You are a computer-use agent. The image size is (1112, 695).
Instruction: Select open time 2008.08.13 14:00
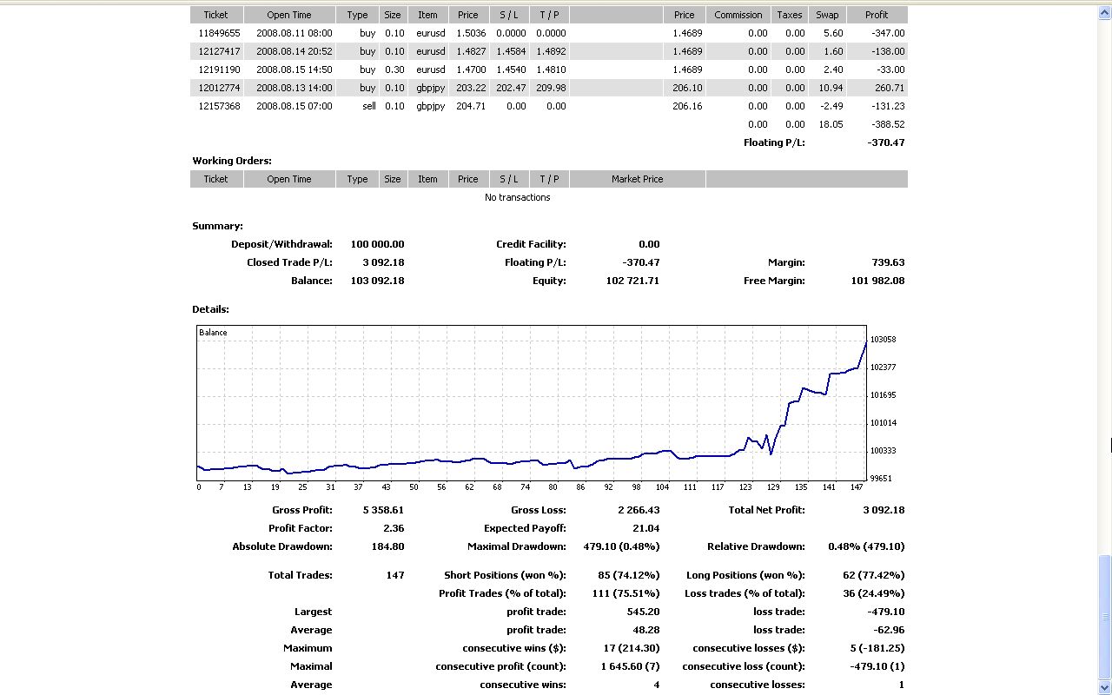coord(294,88)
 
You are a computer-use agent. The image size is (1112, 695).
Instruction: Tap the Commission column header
coord(738,15)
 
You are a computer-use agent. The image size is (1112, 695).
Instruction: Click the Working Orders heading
coord(232,161)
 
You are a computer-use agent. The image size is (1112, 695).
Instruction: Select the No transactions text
coord(517,197)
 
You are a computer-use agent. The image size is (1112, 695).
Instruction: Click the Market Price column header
coord(637,179)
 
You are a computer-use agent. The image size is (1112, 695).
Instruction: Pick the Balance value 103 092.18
coord(377,281)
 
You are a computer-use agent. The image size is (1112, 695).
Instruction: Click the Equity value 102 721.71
coord(632,281)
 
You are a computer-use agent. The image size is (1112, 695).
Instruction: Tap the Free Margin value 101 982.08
coord(877,281)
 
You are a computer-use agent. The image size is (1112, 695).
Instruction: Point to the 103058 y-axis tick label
coord(883,340)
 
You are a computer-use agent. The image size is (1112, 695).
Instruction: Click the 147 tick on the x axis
coord(857,487)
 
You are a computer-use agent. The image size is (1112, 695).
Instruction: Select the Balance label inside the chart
coord(213,333)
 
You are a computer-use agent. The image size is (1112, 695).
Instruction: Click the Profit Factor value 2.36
coord(392,528)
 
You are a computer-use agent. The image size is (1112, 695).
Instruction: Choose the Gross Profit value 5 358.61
coord(383,510)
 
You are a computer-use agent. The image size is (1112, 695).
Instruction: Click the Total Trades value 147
coord(395,575)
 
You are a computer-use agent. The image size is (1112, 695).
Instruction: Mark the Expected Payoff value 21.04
coord(645,528)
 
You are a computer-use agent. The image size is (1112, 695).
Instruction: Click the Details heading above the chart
coord(210,309)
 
